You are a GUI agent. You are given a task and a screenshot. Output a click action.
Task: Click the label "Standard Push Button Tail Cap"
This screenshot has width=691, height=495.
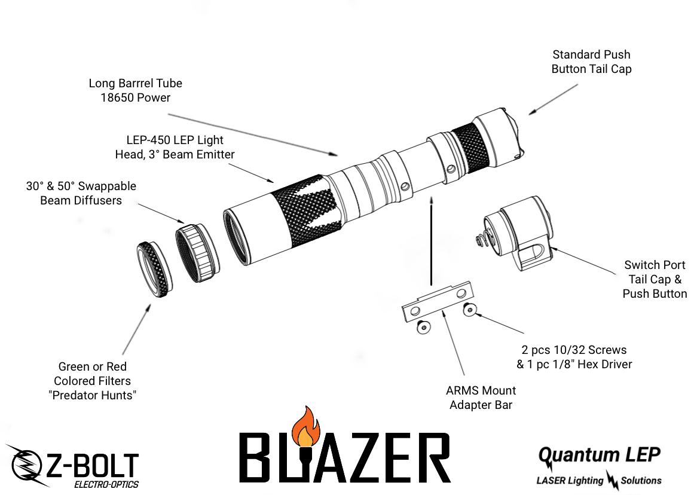click(591, 62)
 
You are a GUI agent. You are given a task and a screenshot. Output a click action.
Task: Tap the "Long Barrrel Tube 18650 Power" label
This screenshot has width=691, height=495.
click(135, 90)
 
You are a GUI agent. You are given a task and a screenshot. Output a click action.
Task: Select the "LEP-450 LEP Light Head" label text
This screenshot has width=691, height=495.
click(175, 147)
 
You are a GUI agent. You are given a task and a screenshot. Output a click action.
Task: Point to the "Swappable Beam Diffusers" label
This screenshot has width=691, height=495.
click(81, 193)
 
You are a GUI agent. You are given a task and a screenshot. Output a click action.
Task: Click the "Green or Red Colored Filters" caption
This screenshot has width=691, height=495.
click(92, 381)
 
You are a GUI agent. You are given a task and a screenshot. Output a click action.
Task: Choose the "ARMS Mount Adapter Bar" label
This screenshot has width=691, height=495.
click(481, 398)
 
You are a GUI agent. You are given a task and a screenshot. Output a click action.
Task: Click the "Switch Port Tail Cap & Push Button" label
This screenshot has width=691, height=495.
click(655, 279)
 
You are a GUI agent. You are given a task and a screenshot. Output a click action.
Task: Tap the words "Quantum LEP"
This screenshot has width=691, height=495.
click(599, 455)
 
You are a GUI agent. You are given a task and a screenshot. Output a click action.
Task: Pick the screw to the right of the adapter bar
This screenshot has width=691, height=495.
click(470, 309)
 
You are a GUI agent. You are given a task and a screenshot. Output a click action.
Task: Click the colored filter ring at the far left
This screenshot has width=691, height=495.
click(153, 270)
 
